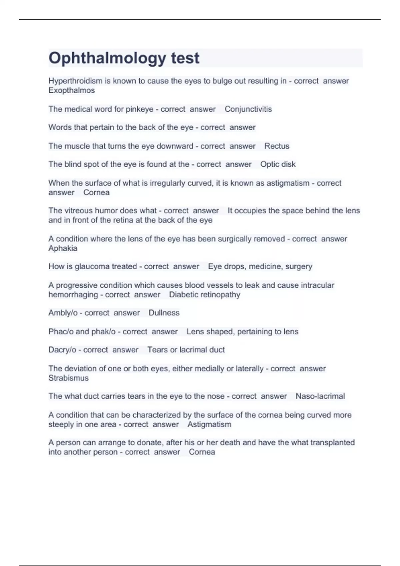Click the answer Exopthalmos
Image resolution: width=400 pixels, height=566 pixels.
click(72, 91)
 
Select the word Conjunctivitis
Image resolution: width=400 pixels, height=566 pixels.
click(248, 109)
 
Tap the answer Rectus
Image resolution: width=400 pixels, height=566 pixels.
click(277, 146)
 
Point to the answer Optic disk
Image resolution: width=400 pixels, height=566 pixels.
click(278, 164)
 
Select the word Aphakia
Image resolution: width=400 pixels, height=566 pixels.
click(63, 248)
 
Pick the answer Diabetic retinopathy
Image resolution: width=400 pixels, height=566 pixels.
click(204, 295)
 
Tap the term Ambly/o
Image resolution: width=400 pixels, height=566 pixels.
click(63, 313)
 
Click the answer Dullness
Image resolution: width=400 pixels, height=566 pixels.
click(164, 313)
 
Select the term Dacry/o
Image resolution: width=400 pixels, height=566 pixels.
click(62, 350)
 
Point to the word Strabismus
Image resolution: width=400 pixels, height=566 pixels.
click(68, 378)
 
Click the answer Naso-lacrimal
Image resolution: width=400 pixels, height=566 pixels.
click(320, 396)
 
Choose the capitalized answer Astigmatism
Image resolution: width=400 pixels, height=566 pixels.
click(209, 424)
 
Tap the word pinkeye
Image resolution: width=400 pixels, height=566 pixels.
click(139, 109)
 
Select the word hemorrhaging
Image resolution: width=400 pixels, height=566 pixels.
click(73, 295)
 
